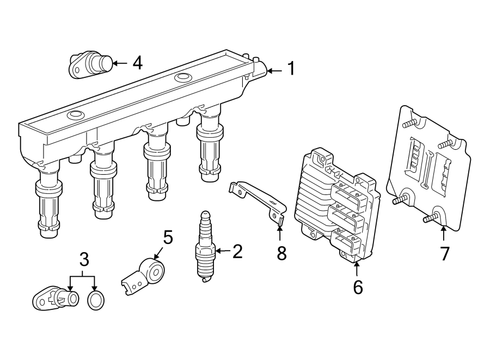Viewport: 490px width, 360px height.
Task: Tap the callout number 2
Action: [x=237, y=251]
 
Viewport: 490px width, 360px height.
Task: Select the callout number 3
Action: [x=83, y=259]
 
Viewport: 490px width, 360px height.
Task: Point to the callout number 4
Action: [x=137, y=63]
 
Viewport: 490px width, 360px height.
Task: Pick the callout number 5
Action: [x=168, y=237]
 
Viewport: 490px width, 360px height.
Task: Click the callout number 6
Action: [x=357, y=286]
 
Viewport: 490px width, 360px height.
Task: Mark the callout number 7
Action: [x=445, y=253]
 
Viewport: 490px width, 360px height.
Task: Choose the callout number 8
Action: [x=281, y=253]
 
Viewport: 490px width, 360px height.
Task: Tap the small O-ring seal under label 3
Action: [x=96, y=299]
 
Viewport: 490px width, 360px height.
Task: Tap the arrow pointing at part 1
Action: [x=275, y=70]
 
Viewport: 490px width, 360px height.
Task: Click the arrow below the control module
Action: [x=357, y=269]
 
